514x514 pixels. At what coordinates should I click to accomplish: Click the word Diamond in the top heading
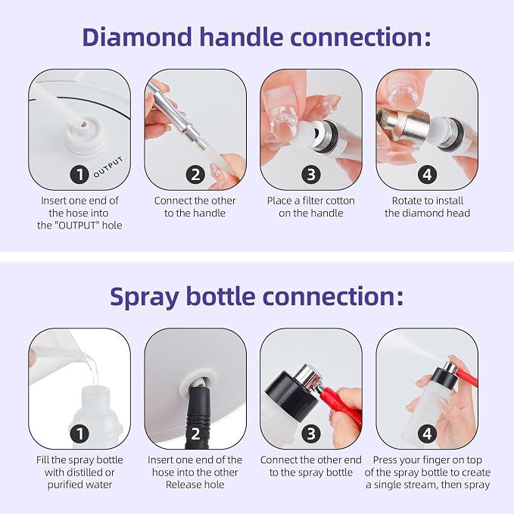pyautogui.click(x=137, y=36)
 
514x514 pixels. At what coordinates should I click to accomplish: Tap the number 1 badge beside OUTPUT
pyautogui.click(x=79, y=174)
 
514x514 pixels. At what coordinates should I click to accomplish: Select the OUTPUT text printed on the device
pyautogui.click(x=108, y=167)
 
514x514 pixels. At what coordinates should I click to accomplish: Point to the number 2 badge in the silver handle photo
pyautogui.click(x=195, y=174)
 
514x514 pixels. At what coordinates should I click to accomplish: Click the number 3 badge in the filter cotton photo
pyautogui.click(x=311, y=174)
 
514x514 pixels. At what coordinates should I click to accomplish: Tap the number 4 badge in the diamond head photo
pyautogui.click(x=427, y=174)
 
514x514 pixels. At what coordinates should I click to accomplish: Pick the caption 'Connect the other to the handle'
pyautogui.click(x=195, y=207)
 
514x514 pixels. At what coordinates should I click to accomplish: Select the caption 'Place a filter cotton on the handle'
pyautogui.click(x=311, y=207)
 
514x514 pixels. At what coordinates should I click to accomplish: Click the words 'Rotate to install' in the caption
pyautogui.click(x=428, y=201)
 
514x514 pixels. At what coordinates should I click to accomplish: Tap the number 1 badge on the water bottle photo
pyautogui.click(x=79, y=434)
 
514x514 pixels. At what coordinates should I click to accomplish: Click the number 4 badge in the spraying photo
pyautogui.click(x=427, y=434)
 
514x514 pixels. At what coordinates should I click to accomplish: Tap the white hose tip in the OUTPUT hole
pyautogui.click(x=83, y=125)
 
